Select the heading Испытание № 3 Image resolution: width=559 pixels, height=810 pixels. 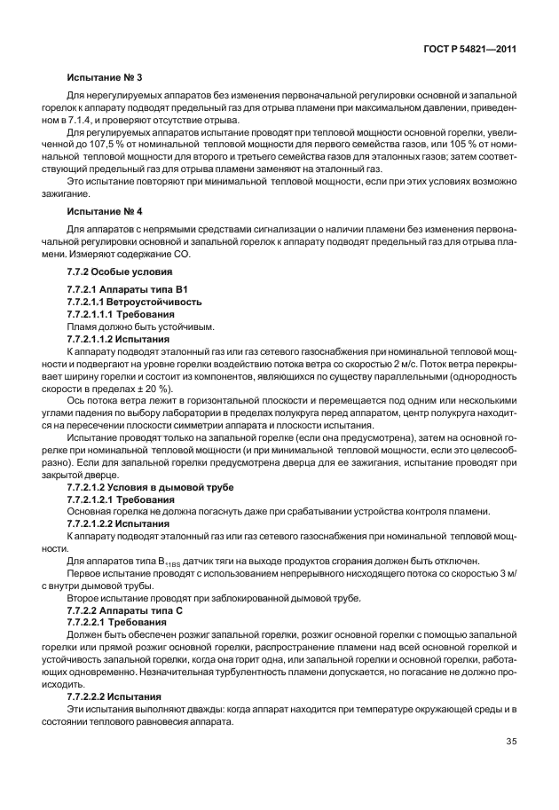coord(98,79)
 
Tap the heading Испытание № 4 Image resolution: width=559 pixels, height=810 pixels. coord(98,213)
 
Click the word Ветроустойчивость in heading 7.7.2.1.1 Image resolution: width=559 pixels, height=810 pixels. coord(157,303)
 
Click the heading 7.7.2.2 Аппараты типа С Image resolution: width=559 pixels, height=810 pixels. coord(124,611)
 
